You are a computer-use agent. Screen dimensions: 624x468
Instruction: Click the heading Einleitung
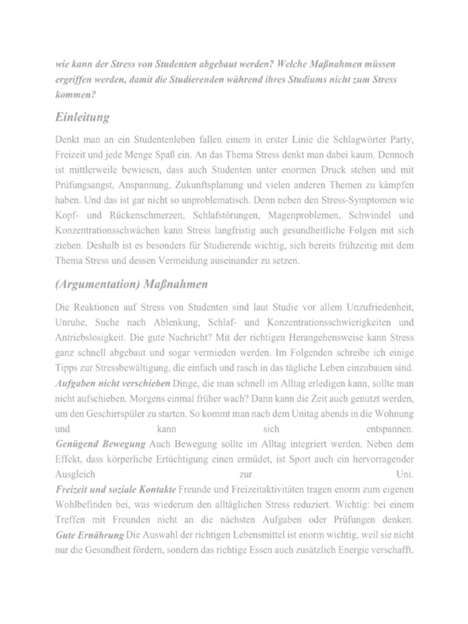point(82,116)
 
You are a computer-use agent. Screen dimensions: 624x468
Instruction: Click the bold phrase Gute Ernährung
point(89,534)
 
